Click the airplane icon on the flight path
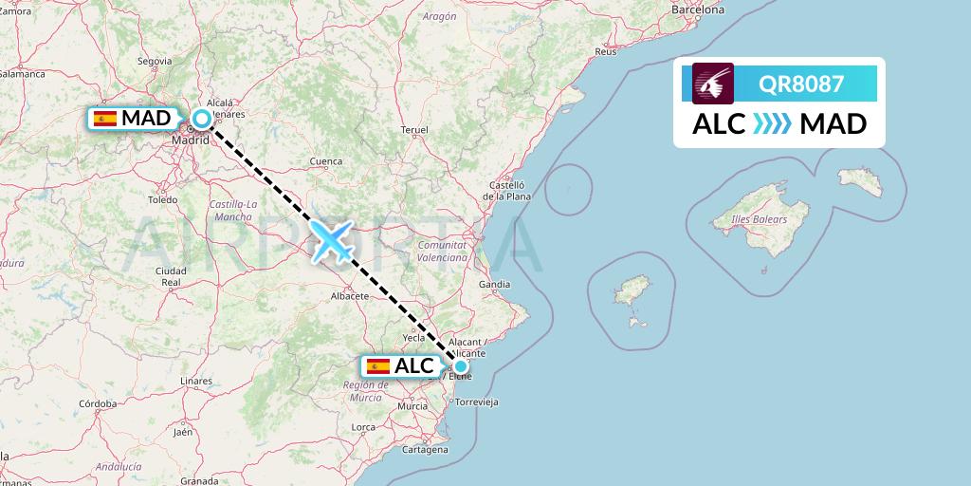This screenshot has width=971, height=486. click(x=331, y=241)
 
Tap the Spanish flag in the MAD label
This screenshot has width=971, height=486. click(x=105, y=119)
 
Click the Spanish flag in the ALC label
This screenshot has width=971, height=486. click(x=378, y=366)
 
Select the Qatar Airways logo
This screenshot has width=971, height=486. click(x=713, y=84)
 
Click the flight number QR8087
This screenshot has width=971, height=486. click(x=801, y=84)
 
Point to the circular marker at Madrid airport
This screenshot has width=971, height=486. click(x=202, y=119)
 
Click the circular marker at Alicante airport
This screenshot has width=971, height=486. click(x=460, y=366)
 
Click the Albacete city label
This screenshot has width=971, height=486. click(x=349, y=296)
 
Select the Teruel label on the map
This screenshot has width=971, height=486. click(x=415, y=129)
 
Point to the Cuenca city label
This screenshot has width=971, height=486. click(x=325, y=161)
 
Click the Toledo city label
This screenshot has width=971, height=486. click(x=163, y=200)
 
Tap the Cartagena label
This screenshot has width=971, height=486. click(x=424, y=449)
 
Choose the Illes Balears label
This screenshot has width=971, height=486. click(x=760, y=220)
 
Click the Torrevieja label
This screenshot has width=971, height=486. click(x=476, y=402)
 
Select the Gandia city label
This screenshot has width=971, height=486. click(x=494, y=284)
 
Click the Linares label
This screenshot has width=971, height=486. click(x=195, y=381)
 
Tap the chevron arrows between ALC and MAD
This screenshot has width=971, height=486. click(x=772, y=123)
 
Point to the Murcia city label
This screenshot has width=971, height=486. click(x=412, y=405)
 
